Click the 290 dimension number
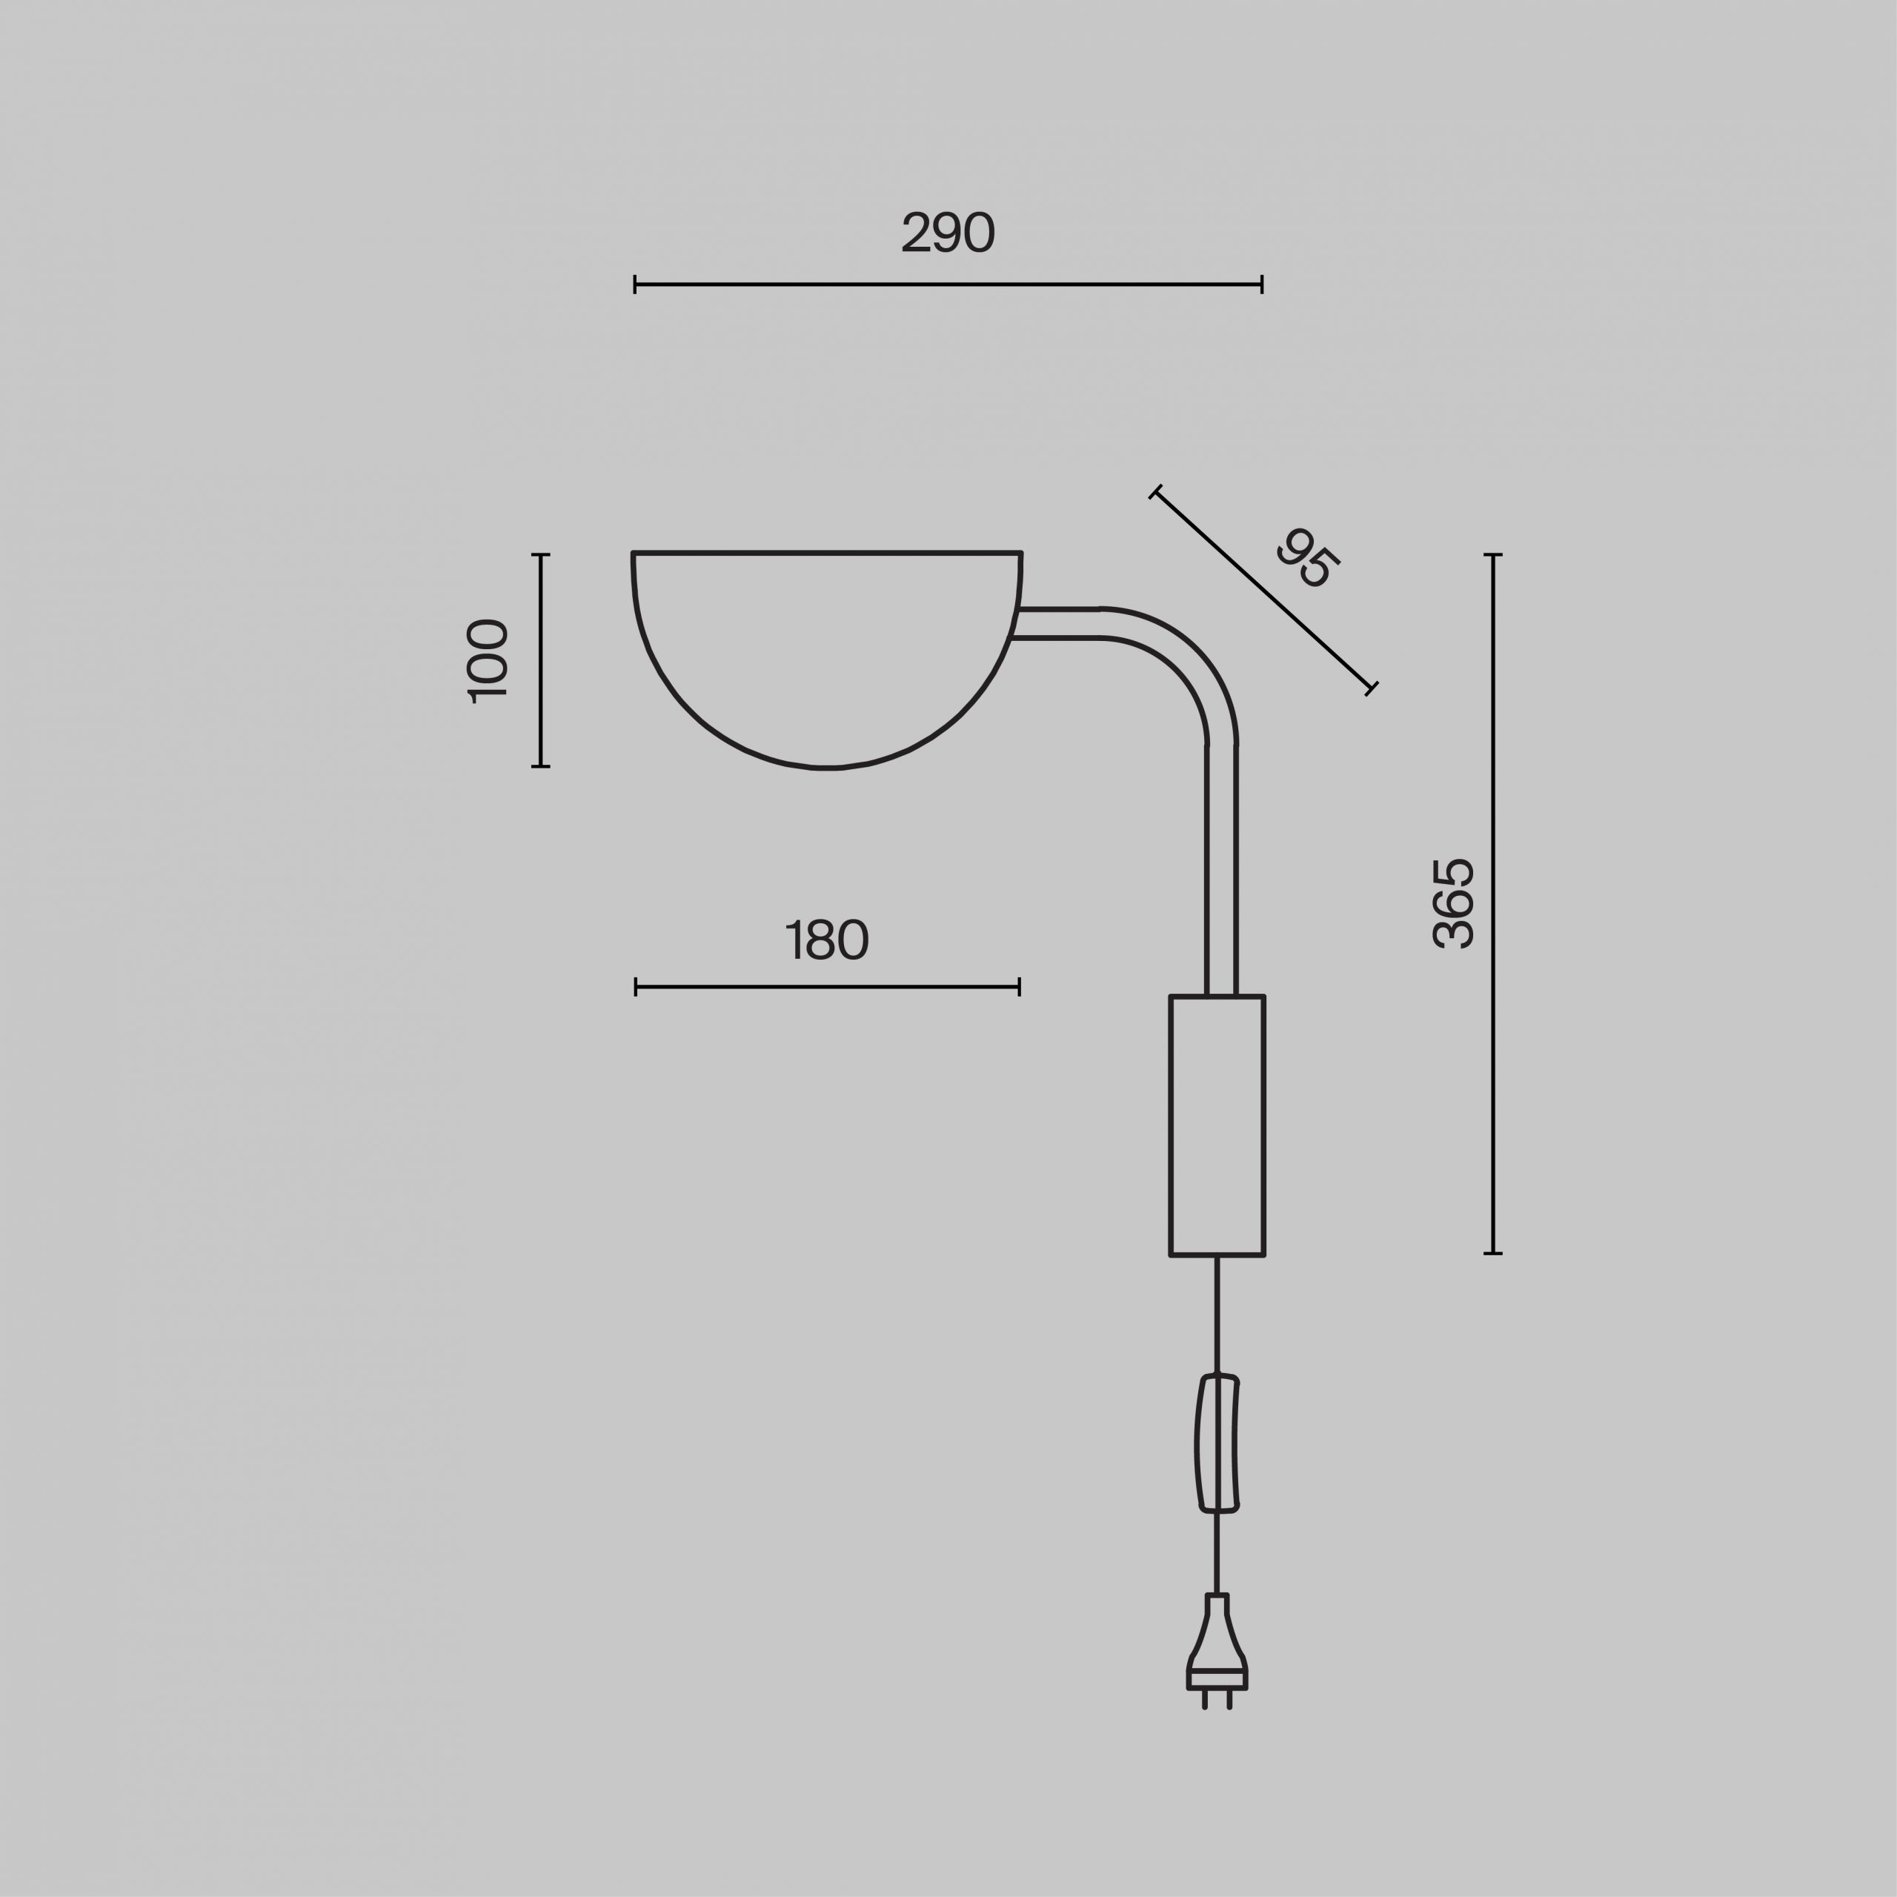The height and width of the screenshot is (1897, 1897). coord(948,233)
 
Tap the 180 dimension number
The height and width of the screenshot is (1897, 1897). coord(828,940)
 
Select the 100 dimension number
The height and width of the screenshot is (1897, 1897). coord(486,661)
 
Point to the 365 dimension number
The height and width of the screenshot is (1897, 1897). coord(1453,903)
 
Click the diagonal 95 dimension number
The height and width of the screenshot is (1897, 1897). coord(1308,558)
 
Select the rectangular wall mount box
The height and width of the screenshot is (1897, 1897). coord(1217,1126)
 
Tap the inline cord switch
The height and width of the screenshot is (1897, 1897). coord(1217,1443)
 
